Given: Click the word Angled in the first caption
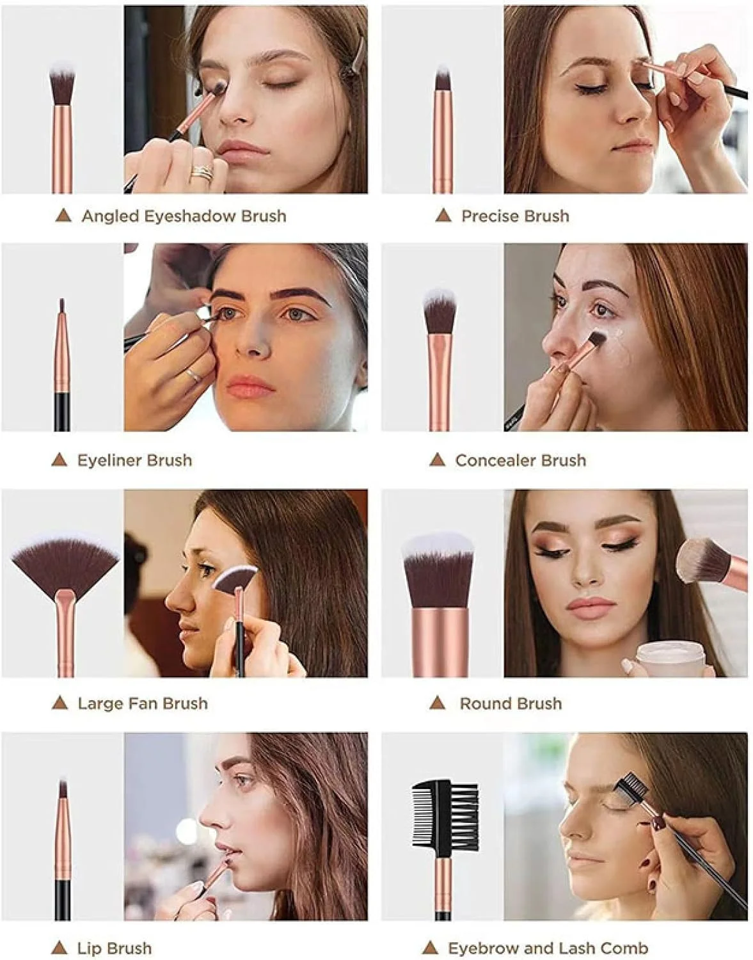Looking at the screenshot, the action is click(x=111, y=216).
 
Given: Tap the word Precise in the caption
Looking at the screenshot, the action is click(x=489, y=216).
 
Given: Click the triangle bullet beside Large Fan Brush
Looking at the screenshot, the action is click(x=59, y=703).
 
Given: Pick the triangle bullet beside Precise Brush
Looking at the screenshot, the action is click(x=443, y=216).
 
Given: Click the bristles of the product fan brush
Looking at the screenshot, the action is click(x=65, y=563).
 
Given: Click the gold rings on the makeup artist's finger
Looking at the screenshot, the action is click(x=202, y=172).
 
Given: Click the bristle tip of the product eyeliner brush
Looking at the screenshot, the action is click(x=61, y=305).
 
